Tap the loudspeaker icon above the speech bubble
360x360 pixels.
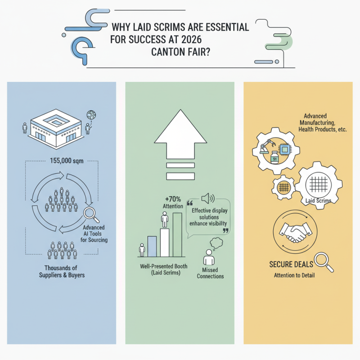[x=208, y=198]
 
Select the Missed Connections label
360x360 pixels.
[x=210, y=273]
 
